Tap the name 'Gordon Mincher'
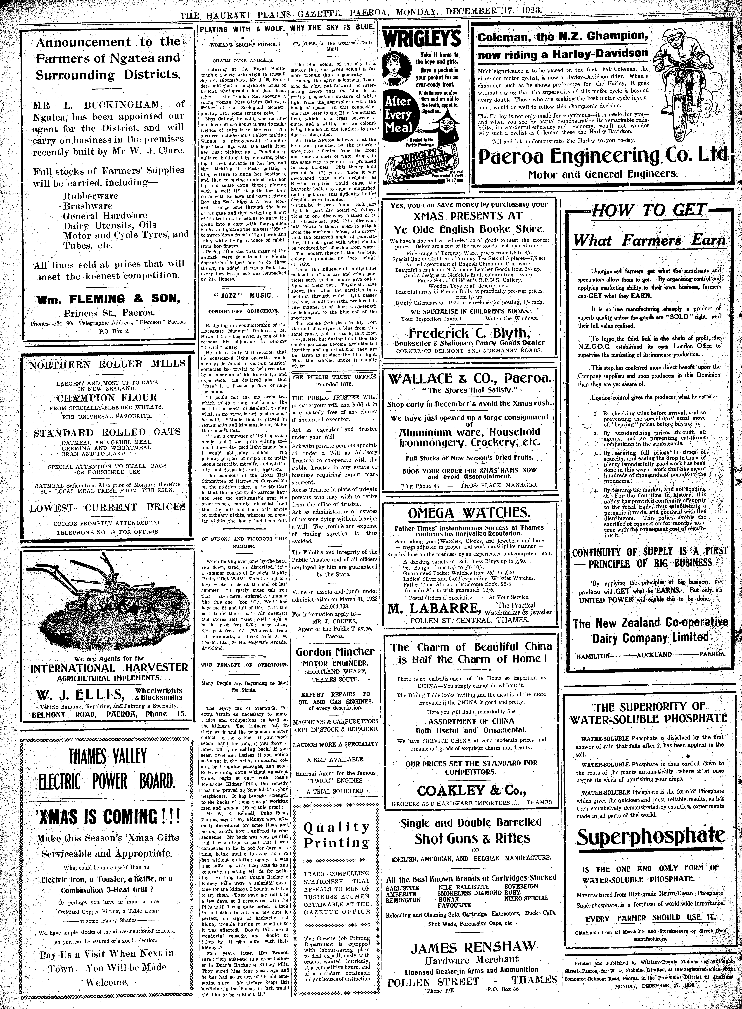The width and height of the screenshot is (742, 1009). [x=335, y=652]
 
